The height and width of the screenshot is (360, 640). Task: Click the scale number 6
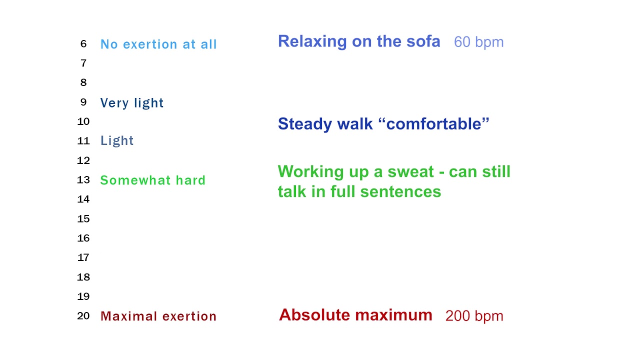tap(83, 44)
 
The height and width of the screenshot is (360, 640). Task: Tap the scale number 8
tap(83, 82)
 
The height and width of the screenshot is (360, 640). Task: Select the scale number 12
tap(83, 160)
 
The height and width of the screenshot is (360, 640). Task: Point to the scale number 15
tap(83, 219)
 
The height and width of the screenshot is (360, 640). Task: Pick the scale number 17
tap(83, 257)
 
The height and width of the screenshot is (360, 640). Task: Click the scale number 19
tap(83, 296)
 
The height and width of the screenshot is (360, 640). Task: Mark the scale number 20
tap(83, 316)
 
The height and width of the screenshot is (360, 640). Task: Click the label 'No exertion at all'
tap(158, 44)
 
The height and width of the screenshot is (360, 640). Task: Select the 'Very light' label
tap(132, 103)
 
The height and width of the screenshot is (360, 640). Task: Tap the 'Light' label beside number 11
tap(117, 141)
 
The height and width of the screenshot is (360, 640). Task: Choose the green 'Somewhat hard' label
tap(152, 180)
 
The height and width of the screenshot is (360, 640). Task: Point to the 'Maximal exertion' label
tap(158, 316)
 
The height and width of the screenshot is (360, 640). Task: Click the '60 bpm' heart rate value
tap(478, 42)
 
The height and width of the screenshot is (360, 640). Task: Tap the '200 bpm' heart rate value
tap(474, 316)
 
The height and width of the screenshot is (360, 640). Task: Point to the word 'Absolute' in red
tap(314, 315)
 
